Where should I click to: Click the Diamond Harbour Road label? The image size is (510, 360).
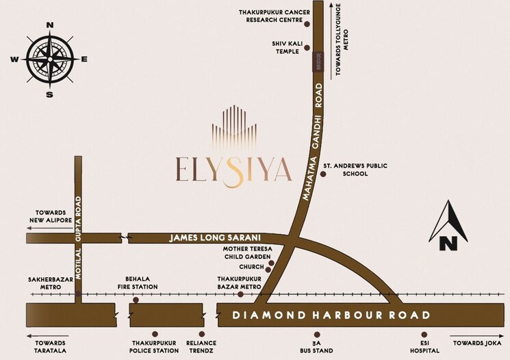[x=330, y=316]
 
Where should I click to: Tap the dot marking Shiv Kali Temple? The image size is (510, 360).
[x=307, y=48]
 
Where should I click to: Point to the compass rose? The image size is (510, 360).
[x=49, y=59]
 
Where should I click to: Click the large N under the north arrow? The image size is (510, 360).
[x=448, y=242]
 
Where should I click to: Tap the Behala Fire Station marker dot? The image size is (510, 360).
[x=136, y=300]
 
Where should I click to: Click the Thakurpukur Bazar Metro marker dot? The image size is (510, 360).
[x=240, y=294]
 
